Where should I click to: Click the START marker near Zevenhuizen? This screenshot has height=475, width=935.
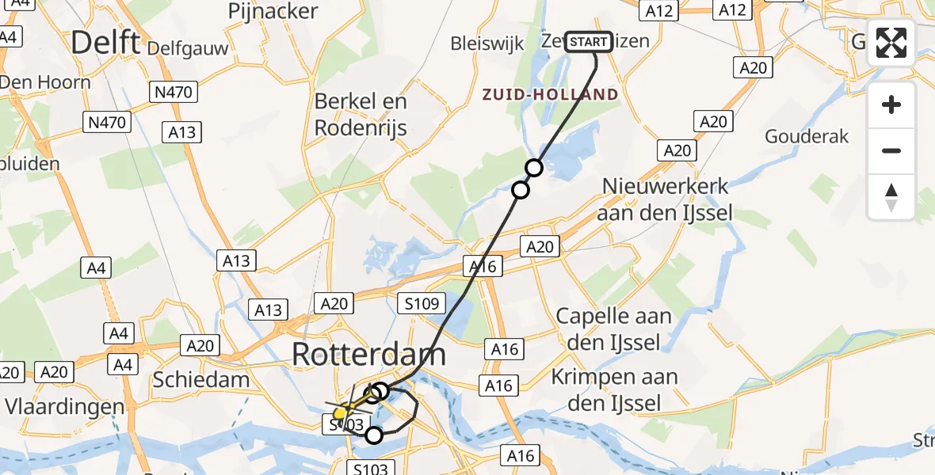click(589, 42)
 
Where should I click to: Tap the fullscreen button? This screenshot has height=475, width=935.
click(891, 43)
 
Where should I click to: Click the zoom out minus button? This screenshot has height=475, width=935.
click(891, 150)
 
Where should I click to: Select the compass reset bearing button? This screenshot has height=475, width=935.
click(891, 197)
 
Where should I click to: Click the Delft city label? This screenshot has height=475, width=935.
click(105, 42)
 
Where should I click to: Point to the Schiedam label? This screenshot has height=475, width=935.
click(201, 379)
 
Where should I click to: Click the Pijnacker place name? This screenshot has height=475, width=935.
click(273, 11)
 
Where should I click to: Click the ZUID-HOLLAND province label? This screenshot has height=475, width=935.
click(551, 95)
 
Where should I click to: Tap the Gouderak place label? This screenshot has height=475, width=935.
click(807, 136)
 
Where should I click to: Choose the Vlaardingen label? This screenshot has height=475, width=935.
click(65, 407)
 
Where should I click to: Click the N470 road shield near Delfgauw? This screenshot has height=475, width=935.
click(174, 93)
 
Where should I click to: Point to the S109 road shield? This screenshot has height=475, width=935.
click(422, 302)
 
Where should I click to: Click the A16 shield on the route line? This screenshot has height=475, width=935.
click(483, 267)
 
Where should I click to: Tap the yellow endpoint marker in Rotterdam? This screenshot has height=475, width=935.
click(340, 413)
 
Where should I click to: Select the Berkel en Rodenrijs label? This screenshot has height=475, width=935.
click(361, 114)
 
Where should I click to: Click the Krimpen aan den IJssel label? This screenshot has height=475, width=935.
click(615, 389)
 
